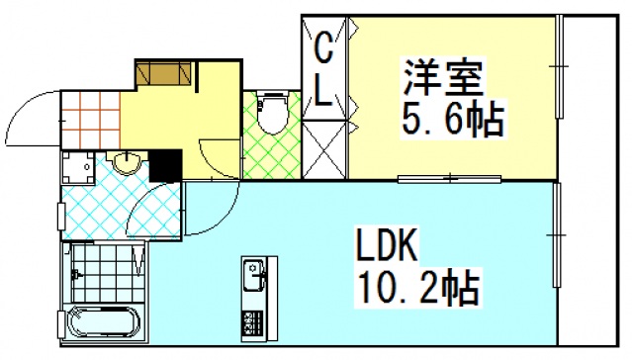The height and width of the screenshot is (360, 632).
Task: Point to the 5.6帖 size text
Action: pyautogui.click(x=451, y=123)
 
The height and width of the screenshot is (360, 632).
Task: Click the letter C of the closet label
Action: pyautogui.click(x=323, y=46)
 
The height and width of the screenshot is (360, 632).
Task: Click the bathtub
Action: pyautogui.click(x=103, y=324)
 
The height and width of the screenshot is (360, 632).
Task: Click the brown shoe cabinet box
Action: pyautogui.click(x=162, y=73)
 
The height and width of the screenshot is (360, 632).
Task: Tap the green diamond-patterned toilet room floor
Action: pyautogui.click(x=270, y=153)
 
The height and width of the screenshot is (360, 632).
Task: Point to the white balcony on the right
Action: pyautogui.click(x=593, y=178)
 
